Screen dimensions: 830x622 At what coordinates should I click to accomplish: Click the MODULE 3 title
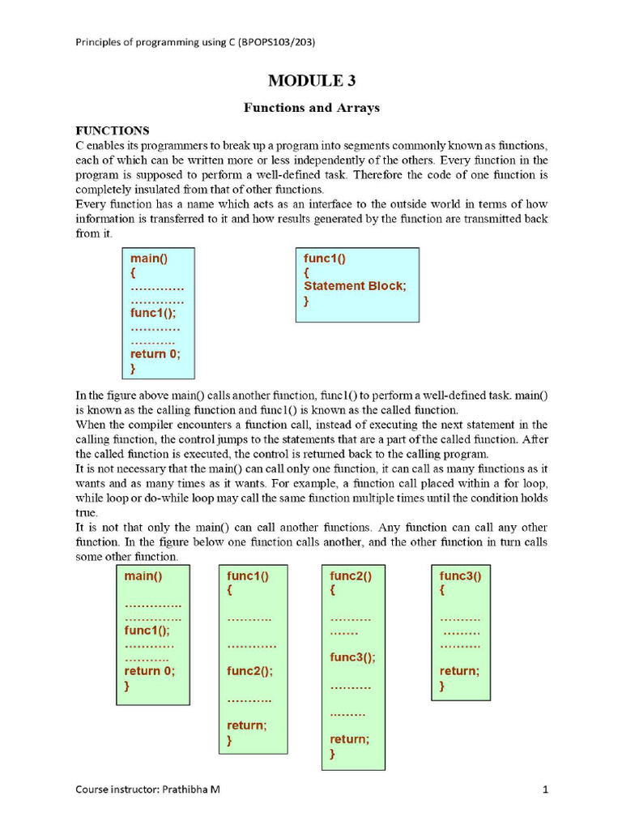pos(311,80)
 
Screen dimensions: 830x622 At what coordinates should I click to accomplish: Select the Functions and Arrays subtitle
pos(312,107)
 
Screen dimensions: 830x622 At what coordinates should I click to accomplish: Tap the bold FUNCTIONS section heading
pos(113,130)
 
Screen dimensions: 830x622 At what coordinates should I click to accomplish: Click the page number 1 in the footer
pos(546,788)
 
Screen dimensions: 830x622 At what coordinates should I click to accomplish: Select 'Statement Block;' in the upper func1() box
pos(355,286)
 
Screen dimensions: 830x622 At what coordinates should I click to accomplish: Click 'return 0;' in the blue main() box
pos(155,353)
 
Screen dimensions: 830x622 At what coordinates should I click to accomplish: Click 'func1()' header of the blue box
pos(325,259)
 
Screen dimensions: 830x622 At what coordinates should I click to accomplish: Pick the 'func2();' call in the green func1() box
pos(250,671)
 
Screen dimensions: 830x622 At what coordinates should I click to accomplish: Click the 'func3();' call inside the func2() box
pos(352,657)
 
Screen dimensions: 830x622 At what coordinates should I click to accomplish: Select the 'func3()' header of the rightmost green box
pos(460,576)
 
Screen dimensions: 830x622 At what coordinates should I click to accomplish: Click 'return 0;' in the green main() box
pos(150,671)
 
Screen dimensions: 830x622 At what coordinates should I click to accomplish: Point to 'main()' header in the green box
pos(143,576)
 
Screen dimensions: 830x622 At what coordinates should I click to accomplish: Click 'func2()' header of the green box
pos(351,576)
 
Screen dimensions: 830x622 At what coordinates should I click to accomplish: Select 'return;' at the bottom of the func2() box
pos(349,739)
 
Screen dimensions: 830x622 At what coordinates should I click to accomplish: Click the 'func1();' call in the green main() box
pos(147,630)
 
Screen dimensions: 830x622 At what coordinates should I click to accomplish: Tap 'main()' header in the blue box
pos(149,259)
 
